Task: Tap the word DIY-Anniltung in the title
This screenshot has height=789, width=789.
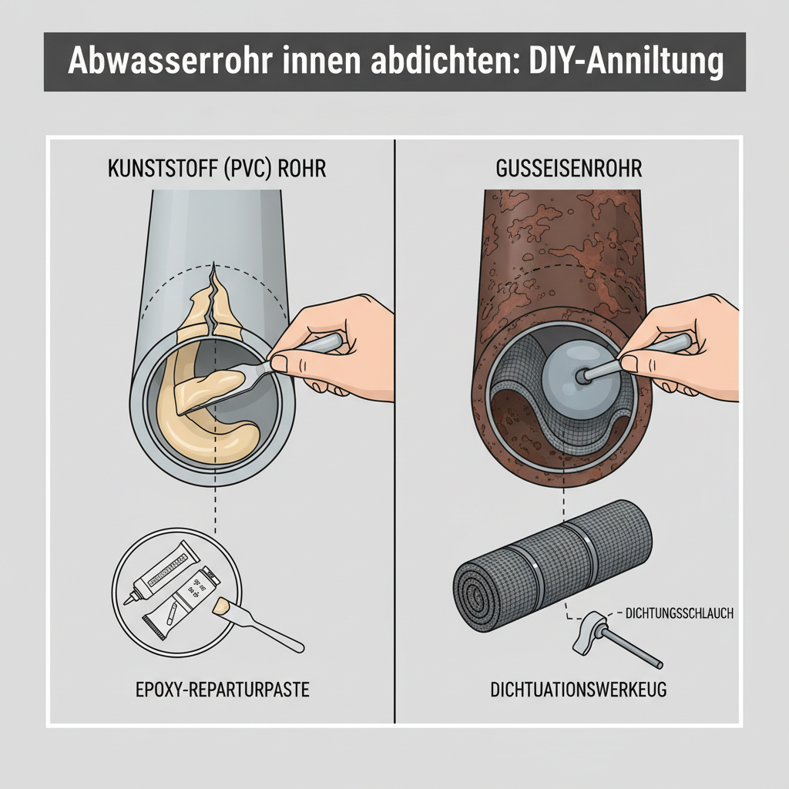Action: [626, 61]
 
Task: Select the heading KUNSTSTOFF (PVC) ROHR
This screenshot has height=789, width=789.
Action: [216, 169]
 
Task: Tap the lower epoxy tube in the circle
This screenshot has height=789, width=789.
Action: [181, 609]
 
